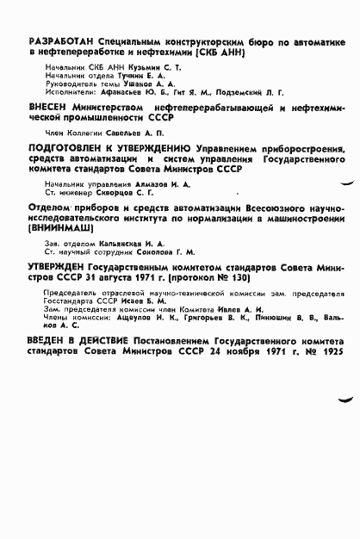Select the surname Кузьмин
point(143,66)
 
